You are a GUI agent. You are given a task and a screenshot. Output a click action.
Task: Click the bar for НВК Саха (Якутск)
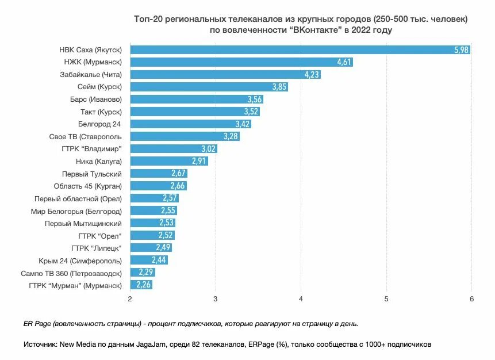tap(299, 50)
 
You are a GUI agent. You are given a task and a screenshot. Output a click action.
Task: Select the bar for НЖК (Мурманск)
tap(241, 62)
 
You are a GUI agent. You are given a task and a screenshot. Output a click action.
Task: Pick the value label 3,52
tap(251, 112)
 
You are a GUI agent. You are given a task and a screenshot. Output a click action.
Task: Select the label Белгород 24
tap(100, 124)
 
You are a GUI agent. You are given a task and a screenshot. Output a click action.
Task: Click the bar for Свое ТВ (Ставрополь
tap(185, 136)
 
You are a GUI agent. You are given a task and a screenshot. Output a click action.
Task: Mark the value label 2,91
tap(199, 161)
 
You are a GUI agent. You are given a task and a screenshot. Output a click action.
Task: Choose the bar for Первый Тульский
tap(159, 174)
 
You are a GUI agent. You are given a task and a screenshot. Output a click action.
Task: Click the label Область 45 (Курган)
tap(88, 186)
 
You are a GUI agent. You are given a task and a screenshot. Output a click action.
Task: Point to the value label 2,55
tap(168, 211)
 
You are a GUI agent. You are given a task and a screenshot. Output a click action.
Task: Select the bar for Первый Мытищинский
tap(152, 223)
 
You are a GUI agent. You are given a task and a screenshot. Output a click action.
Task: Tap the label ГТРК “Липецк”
tap(97, 248)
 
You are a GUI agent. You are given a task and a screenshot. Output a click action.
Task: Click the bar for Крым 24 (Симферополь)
tap(149, 260)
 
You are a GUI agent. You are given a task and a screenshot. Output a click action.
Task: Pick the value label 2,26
tap(144, 285)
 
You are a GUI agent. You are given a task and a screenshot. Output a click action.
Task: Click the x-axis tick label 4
tap(301, 299)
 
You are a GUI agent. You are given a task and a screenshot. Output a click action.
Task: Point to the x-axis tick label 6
tap(471, 299)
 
